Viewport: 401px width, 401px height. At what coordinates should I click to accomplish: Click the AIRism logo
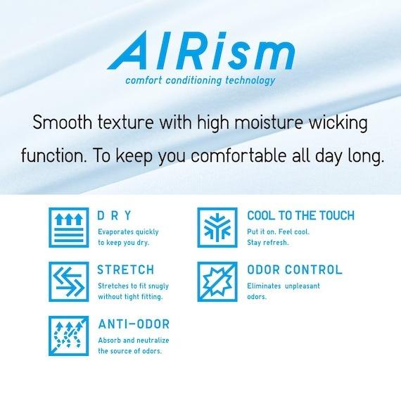click(201, 51)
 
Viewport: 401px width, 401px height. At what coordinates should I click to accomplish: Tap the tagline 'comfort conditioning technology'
click(200, 81)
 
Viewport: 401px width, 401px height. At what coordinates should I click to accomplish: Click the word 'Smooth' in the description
click(62, 122)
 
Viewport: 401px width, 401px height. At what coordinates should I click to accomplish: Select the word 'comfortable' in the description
click(238, 155)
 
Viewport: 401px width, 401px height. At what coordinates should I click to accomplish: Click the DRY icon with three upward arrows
click(69, 227)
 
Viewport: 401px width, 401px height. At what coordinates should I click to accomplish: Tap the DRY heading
click(114, 215)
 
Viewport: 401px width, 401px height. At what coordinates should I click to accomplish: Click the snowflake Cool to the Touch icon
click(217, 227)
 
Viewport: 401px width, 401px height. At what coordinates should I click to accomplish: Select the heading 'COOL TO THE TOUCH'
click(301, 215)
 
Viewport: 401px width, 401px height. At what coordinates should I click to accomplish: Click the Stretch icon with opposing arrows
click(69, 281)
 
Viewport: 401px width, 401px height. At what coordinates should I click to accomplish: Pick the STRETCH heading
click(126, 270)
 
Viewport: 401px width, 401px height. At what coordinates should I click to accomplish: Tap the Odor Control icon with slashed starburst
click(217, 281)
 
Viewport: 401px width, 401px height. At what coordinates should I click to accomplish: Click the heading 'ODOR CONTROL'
click(295, 270)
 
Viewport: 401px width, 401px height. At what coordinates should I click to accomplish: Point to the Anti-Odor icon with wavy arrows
click(69, 336)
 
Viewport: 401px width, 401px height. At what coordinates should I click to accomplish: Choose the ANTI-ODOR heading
click(134, 324)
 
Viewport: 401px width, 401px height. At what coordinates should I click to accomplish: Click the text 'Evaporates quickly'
click(128, 232)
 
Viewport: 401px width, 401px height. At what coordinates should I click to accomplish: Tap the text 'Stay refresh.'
click(268, 243)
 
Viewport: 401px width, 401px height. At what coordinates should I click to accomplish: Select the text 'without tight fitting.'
click(130, 297)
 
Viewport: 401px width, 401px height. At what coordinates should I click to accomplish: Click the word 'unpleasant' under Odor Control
click(303, 286)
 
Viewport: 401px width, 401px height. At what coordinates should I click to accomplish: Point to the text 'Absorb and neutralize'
click(134, 340)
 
